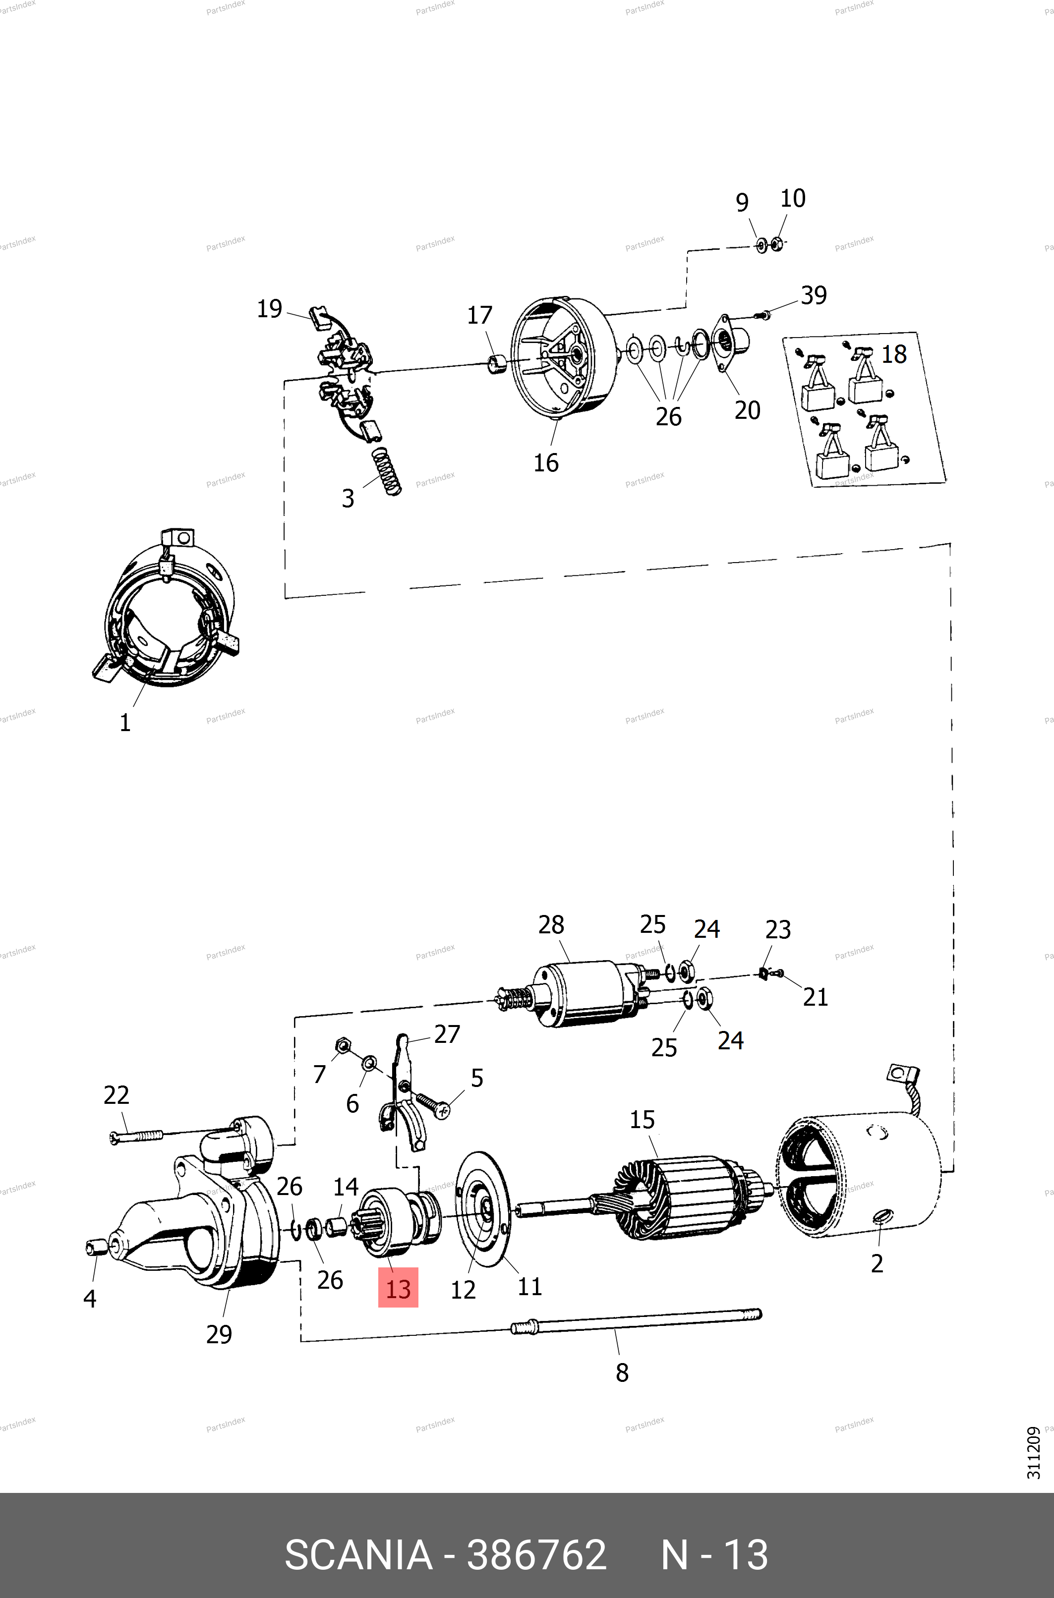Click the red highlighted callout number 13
398,1289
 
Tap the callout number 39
814,296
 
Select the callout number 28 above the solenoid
551,925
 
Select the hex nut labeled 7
343,1046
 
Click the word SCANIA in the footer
358,1555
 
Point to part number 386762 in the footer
536,1555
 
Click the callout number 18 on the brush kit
894,355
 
